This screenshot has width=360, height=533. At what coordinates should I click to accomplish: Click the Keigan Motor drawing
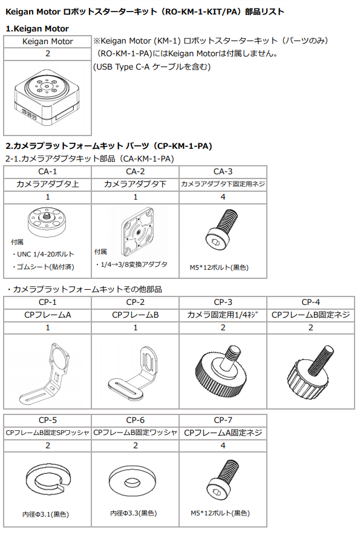click(47, 97)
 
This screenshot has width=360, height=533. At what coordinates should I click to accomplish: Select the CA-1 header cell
click(48, 172)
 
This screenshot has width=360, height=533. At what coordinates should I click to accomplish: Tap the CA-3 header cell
click(223, 172)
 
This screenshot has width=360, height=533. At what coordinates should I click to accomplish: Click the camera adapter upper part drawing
click(47, 222)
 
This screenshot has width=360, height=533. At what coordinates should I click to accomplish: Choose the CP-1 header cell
click(48, 302)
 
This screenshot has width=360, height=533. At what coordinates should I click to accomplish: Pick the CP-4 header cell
click(311, 302)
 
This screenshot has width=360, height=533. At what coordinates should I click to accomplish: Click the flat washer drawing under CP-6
click(133, 480)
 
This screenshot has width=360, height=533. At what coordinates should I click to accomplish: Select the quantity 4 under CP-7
click(223, 445)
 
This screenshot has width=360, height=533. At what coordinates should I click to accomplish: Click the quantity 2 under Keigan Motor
click(48, 54)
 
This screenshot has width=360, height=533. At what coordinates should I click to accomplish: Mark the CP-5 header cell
click(48, 420)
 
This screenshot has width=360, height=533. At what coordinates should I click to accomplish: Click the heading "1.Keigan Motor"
click(37, 28)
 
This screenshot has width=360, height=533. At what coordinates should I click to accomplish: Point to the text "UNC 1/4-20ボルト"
click(45, 254)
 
